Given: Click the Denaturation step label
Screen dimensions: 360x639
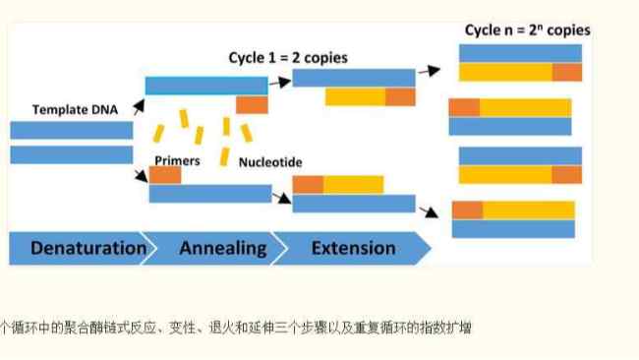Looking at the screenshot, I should pos(87,248).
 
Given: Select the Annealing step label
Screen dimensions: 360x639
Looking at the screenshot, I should pos(222,248).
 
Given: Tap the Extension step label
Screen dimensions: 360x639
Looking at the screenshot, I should pos(353,248).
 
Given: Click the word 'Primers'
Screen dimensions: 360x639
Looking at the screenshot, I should pos(177,159).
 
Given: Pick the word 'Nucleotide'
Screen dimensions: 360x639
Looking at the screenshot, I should pos(270,160).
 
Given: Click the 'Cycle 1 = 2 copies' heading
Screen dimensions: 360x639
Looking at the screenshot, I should pos(288,58).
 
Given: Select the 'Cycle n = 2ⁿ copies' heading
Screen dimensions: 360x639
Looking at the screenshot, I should pos(527,30).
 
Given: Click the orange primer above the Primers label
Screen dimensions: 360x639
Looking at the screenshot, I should pos(165,175).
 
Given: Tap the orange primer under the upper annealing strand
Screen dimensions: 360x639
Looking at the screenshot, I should pos(252,104).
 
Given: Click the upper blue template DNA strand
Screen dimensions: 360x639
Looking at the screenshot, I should pos(71,130).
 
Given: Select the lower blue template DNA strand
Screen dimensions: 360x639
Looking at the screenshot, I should pos(71,154).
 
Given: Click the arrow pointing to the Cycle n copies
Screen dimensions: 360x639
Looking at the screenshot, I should pos(427,71).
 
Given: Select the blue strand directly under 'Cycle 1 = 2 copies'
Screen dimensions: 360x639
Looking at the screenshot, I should pos(354,78).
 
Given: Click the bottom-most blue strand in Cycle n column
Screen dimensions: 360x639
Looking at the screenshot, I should pos(512,228).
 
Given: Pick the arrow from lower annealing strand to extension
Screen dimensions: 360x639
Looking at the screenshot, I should pos(282,198).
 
